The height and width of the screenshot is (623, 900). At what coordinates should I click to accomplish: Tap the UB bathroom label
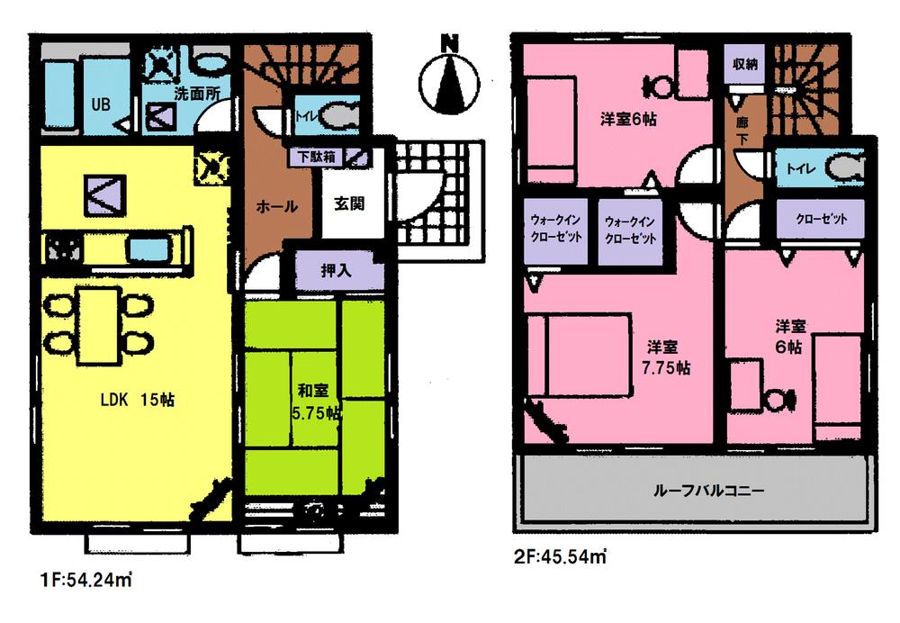coord(99,104)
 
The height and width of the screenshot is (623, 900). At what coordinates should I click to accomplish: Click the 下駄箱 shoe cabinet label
coord(318,156)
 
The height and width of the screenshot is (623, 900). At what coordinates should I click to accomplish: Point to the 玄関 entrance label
coord(349,204)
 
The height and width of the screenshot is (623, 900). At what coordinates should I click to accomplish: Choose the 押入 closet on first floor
coord(336,269)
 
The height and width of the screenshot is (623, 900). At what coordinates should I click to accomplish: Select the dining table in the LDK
coord(97,323)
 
